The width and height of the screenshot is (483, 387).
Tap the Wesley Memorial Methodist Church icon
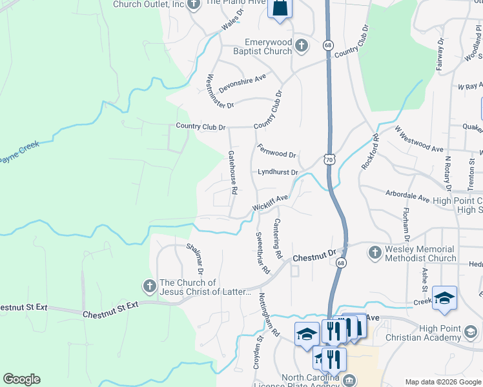pyautogui.click(x=375, y=252)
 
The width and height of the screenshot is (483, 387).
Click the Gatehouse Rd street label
pyautogui.click(x=233, y=172)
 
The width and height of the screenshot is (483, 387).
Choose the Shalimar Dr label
pyautogui.click(x=195, y=264)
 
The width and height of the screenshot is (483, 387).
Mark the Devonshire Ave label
pyautogui.click(x=242, y=82)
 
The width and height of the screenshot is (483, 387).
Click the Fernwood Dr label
pyautogui.click(x=276, y=150)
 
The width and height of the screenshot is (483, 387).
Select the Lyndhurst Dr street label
pyautogui.click(x=278, y=172)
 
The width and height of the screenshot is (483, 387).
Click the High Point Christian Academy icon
pyautogui.click(x=471, y=333)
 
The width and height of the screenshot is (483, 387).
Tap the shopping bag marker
pyautogui.click(x=280, y=9)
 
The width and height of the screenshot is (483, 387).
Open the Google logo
pyautogui.click(x=21, y=379)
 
